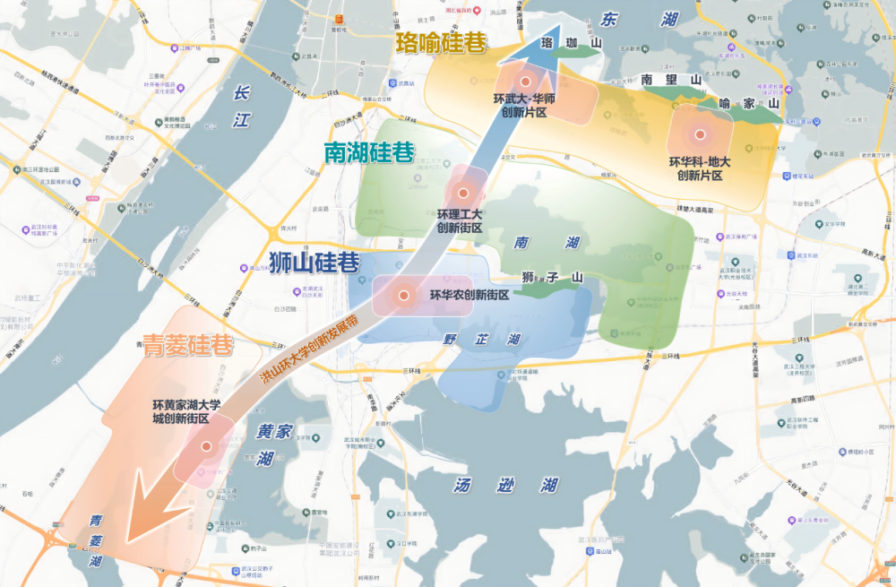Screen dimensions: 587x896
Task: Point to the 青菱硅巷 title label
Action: (x=188, y=345)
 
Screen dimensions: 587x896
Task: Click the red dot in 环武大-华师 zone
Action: (x=526, y=82)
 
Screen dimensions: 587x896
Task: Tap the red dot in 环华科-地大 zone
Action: (x=700, y=135)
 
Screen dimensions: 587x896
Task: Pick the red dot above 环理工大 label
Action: (x=463, y=193)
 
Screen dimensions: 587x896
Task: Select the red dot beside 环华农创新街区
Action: (x=404, y=295)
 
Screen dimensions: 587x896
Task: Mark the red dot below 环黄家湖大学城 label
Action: (x=206, y=445)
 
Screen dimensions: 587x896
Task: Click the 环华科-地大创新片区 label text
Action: (x=700, y=168)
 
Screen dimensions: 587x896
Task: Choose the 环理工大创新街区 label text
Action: (x=460, y=221)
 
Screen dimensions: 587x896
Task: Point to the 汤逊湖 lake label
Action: (x=505, y=486)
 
